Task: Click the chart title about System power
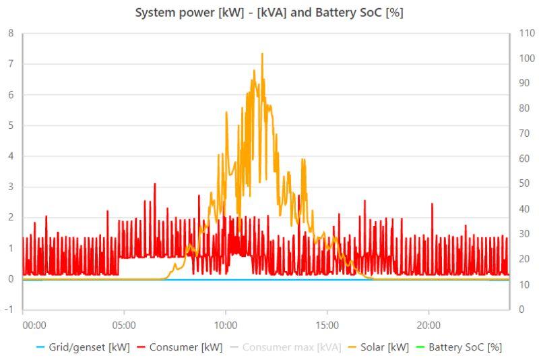[x=269, y=13]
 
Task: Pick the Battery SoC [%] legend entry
[x=465, y=347]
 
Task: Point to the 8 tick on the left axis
[x=10, y=33]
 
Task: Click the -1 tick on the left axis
[x=9, y=309]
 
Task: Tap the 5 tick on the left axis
[x=10, y=125]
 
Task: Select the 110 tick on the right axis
[x=521, y=33]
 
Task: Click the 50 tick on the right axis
[x=519, y=183]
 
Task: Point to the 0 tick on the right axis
[x=517, y=309]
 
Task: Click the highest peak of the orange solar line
[x=262, y=54]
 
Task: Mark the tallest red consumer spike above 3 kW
[x=155, y=183]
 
